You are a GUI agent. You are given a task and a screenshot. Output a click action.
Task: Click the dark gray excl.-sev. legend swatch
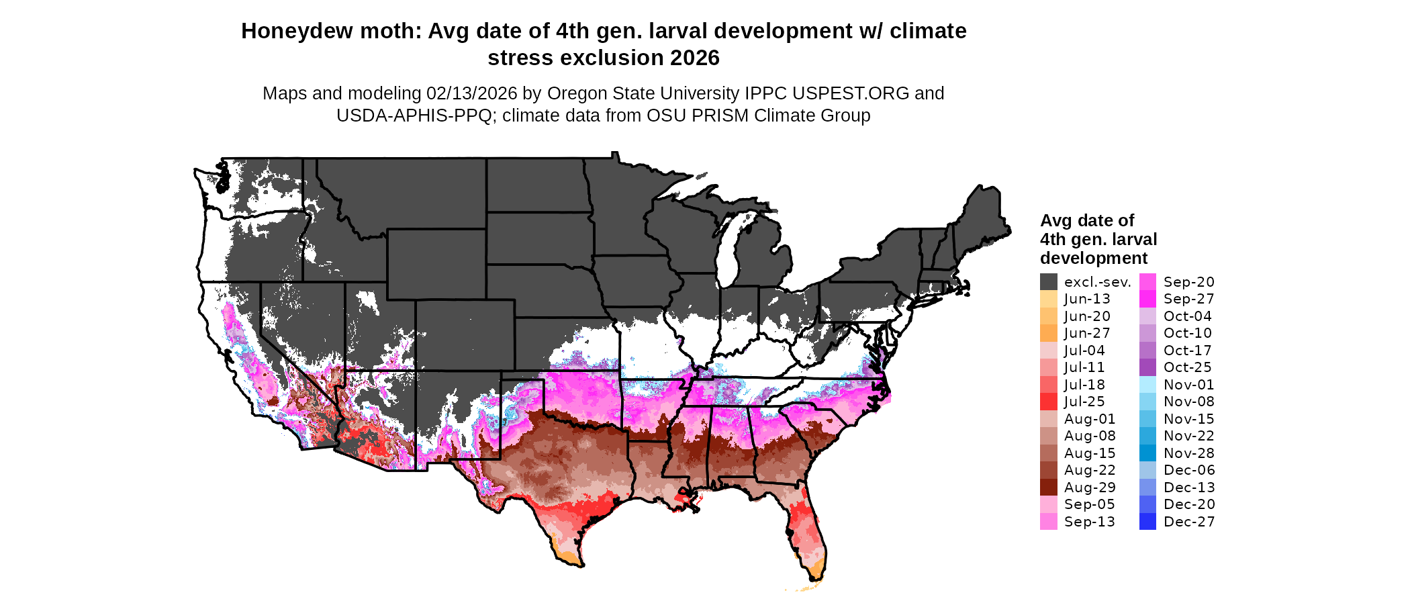[x=1049, y=282]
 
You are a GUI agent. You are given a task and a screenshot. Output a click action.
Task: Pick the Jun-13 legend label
[x=1087, y=299]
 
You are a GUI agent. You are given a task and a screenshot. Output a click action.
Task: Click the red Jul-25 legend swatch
[x=1049, y=402]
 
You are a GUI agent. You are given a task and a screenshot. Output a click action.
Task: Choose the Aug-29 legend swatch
[x=1049, y=488]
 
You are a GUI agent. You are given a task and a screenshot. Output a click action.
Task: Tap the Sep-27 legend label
[x=1188, y=299]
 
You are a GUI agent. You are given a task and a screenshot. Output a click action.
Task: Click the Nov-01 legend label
[x=1188, y=385]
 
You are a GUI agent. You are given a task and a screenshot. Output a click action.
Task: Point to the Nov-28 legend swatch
[x=1148, y=453]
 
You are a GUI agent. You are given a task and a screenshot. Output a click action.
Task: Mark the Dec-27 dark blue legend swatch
[x=1148, y=522]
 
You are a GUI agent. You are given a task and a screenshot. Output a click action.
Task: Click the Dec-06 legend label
[x=1188, y=470]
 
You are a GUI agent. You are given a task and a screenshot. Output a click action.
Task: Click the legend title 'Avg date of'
[x=1086, y=221]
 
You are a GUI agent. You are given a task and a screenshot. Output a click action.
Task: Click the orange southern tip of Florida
[x=816, y=571]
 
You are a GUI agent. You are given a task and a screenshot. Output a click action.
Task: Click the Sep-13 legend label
[x=1089, y=522]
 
